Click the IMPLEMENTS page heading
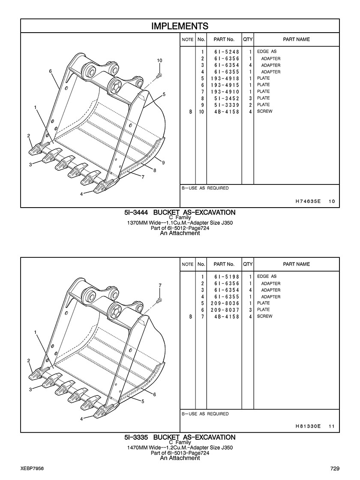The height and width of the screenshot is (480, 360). coord(180,26)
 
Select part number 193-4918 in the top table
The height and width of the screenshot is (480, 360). coord(225,78)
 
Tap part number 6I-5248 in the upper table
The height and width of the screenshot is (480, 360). coord(227,52)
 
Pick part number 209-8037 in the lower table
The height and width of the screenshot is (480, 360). coord(225,310)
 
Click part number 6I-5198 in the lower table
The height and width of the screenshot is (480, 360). coord(227,277)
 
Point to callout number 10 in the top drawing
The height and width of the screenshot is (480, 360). coord(159,60)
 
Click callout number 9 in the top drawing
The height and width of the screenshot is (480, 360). coord(163,163)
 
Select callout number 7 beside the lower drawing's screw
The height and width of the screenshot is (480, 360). coord(160,285)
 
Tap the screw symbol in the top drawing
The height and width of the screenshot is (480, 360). coord(159,75)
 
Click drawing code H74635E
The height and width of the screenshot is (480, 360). coord(308,201)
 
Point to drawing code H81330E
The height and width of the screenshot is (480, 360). coord(308,426)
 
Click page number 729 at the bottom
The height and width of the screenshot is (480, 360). coord(335,468)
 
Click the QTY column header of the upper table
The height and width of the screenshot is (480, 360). coord(248,39)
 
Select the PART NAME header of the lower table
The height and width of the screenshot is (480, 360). coord(297,264)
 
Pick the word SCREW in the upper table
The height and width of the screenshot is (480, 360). coord(264,112)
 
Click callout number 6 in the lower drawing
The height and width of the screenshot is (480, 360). coord(154,395)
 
